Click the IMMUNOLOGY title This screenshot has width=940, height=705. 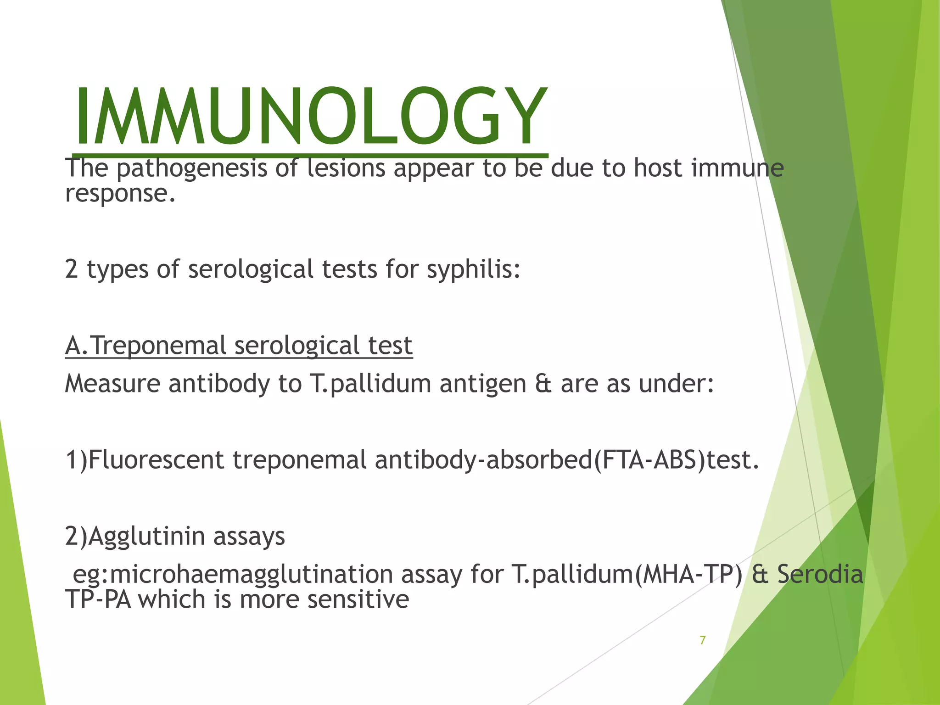(310, 117)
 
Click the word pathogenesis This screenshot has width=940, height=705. (191, 169)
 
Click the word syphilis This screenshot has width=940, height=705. (473, 269)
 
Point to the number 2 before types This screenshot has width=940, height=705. (71, 269)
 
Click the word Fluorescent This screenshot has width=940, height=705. (156, 460)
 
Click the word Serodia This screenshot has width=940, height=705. (820, 574)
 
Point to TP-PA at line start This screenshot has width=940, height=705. (98, 599)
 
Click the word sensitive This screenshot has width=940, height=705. (358, 599)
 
